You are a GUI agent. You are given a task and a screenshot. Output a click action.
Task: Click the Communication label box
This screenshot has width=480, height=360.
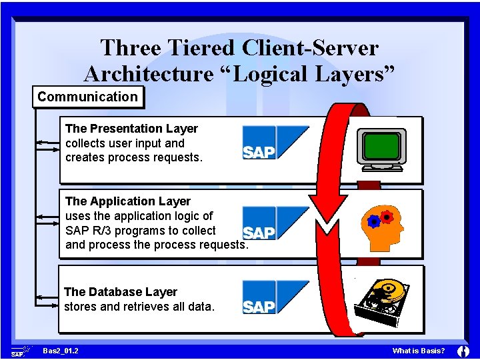[87, 97]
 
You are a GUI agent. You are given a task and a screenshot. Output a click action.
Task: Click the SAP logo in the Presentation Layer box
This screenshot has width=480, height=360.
[275, 143]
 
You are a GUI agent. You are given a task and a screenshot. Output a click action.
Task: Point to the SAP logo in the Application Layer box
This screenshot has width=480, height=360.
[275, 223]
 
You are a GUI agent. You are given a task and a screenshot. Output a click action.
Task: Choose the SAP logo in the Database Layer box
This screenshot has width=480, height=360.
[275, 297]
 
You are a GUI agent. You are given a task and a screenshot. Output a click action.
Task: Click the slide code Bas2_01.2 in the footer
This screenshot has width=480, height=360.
[60, 351]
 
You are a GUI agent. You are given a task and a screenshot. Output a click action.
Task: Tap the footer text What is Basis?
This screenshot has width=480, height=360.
[419, 351]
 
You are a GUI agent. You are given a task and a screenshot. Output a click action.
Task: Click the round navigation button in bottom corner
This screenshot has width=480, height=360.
[464, 351]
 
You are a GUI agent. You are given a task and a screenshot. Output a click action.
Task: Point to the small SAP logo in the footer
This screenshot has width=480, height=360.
[19, 351]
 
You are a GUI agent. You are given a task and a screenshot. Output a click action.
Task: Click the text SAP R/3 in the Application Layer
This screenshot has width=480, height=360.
[91, 231]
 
